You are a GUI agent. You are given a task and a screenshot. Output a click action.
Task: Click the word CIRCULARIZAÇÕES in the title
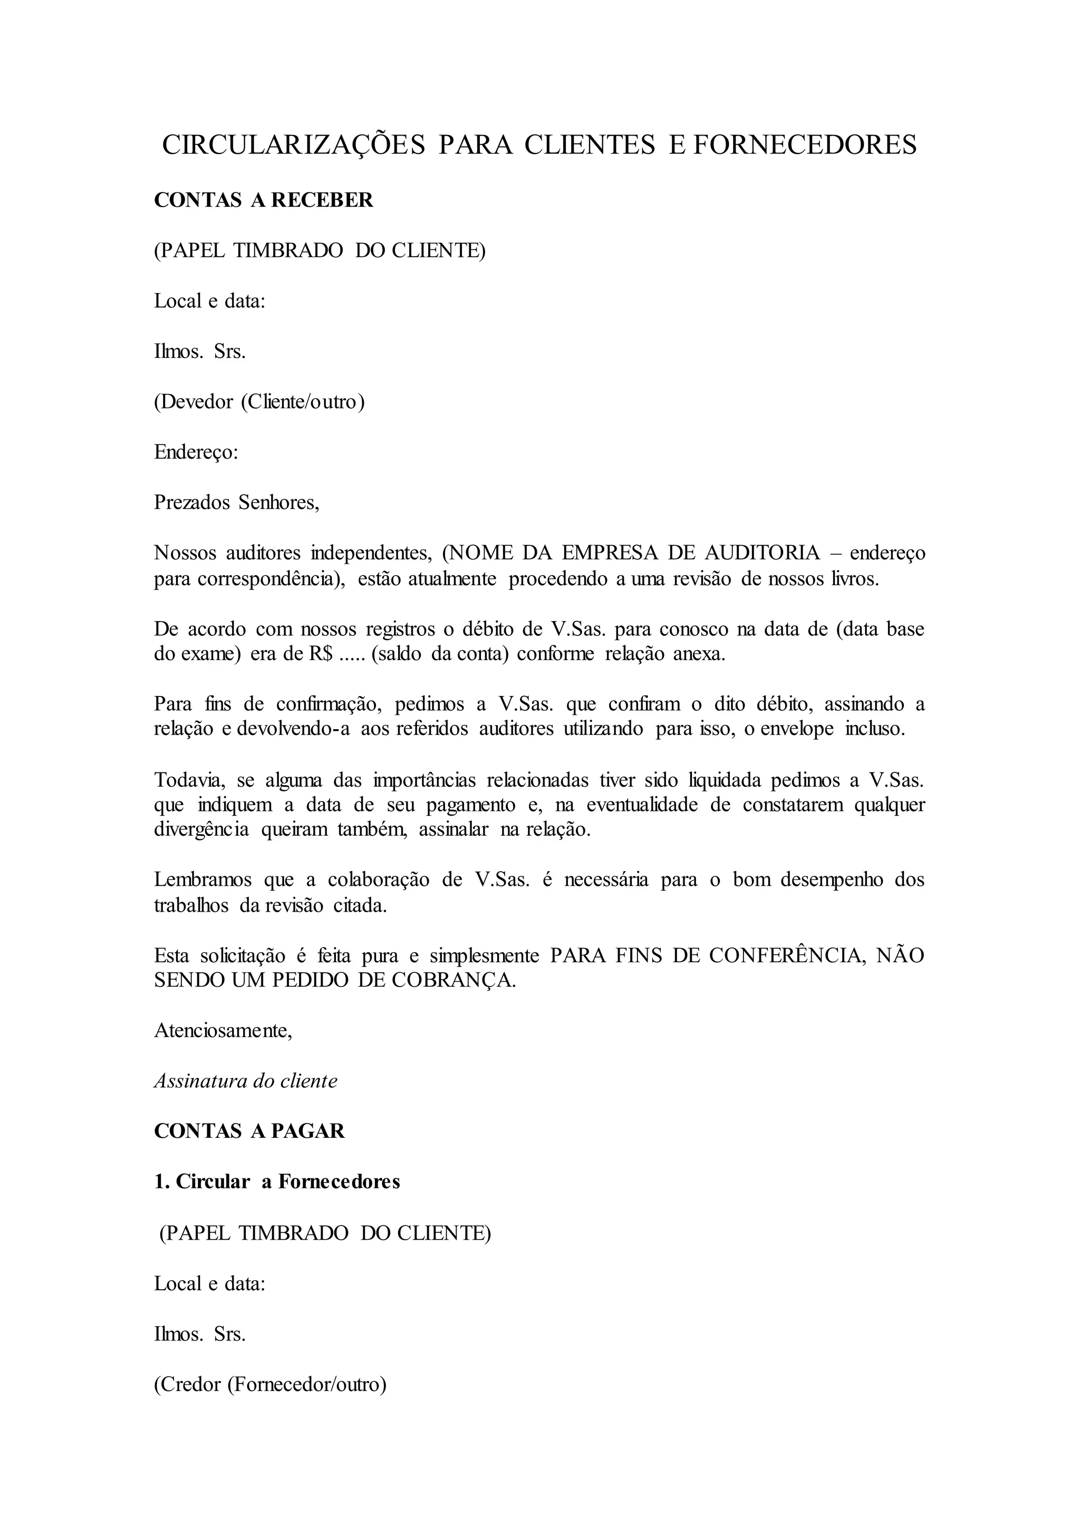tap(293, 145)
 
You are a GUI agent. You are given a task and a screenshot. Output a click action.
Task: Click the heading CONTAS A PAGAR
tap(249, 1132)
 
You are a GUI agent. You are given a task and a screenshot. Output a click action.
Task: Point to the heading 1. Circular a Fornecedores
tap(277, 1182)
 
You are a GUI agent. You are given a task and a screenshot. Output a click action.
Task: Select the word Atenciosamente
tap(222, 1030)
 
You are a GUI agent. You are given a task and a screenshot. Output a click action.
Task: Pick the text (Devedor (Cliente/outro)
tap(259, 402)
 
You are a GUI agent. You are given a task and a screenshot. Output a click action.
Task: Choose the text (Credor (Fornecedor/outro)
tap(270, 1384)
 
